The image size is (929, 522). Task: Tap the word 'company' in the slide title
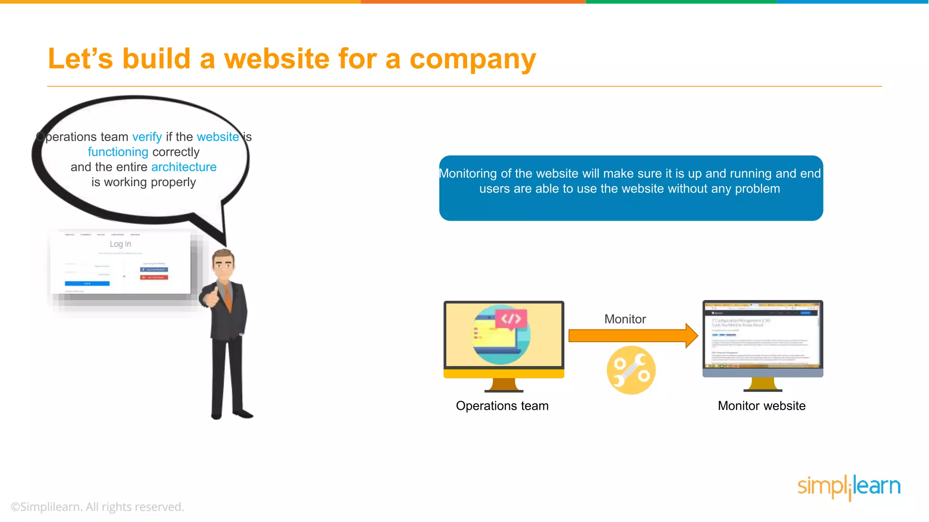(472, 60)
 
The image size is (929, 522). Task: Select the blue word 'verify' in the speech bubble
(147, 137)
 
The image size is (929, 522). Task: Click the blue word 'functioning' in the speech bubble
(118, 152)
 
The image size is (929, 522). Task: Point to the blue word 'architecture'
(184, 167)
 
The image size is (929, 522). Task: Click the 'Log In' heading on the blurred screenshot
(120, 244)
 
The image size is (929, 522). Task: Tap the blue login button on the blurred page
(87, 284)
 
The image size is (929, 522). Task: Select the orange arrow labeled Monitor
(632, 336)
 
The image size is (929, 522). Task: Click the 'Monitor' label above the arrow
(625, 319)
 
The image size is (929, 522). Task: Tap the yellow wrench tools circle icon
(631, 370)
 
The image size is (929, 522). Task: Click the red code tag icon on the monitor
(511, 319)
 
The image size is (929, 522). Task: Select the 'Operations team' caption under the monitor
(502, 406)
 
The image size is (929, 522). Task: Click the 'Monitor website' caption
(762, 406)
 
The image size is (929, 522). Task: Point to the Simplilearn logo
(849, 487)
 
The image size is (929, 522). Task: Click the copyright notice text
(98, 507)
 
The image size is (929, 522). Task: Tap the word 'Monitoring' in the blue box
(468, 174)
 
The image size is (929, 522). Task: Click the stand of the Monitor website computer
(763, 385)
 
